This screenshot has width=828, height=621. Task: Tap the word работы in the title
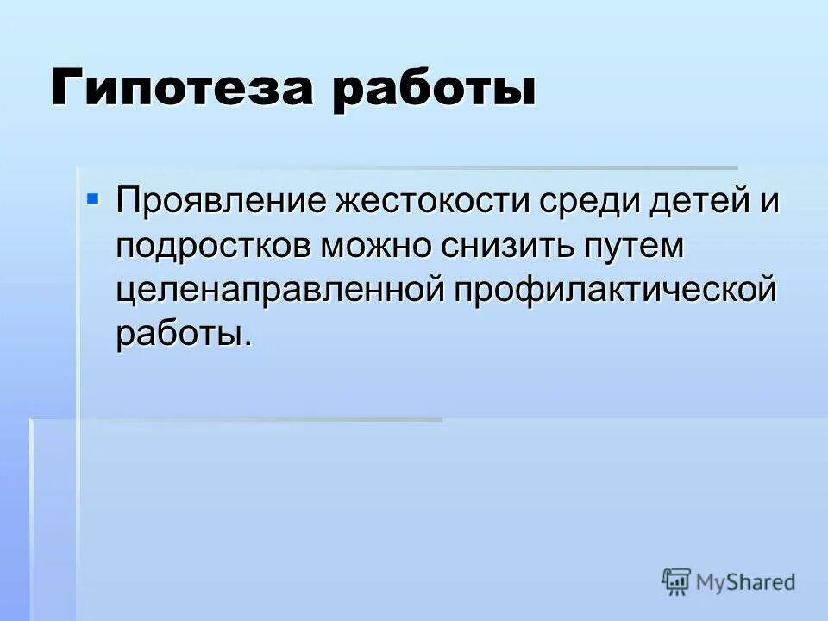point(431,90)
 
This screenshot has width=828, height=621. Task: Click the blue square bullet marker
point(94,199)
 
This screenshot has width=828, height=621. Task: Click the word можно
point(379,247)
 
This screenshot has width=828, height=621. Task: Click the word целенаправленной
point(279,290)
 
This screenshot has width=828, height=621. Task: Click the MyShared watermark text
point(746,582)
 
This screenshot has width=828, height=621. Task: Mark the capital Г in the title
point(66,90)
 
